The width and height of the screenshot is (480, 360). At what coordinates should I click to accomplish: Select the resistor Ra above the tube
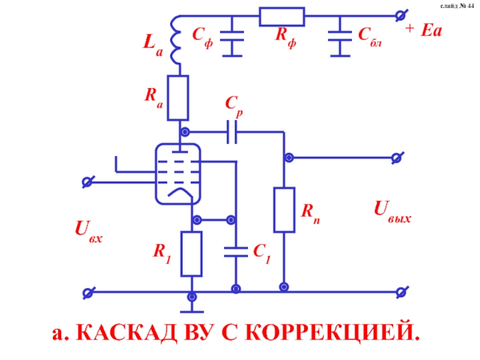(x=178, y=98)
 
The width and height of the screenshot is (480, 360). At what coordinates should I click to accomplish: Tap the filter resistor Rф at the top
(x=281, y=17)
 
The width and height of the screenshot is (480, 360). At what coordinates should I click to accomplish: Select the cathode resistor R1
(x=192, y=253)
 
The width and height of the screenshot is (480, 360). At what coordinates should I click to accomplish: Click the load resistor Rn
(x=284, y=209)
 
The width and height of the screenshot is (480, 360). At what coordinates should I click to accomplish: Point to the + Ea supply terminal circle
(x=397, y=16)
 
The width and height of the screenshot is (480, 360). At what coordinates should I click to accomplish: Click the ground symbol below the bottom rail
(x=192, y=310)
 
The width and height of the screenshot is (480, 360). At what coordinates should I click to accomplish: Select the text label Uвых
(x=392, y=211)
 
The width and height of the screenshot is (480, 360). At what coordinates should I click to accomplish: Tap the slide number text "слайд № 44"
(x=457, y=6)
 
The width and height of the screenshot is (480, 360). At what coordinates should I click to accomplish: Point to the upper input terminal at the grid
(x=88, y=181)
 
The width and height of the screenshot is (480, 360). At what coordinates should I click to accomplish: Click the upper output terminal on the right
(x=396, y=158)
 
